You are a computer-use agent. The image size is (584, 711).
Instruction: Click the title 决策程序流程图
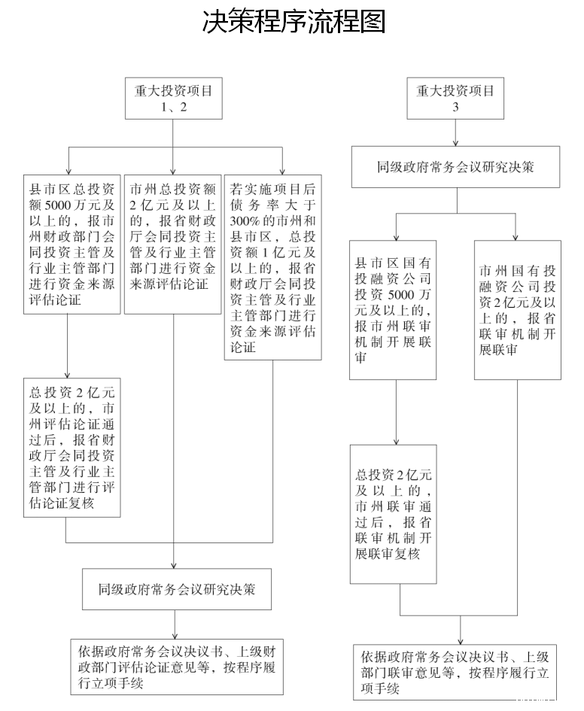click(294, 22)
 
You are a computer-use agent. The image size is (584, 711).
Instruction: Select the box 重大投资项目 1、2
click(173, 98)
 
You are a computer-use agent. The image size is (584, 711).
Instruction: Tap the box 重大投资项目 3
click(455, 98)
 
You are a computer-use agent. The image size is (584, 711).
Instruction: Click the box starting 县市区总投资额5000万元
click(71, 244)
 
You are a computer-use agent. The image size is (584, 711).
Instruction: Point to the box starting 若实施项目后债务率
click(273, 267)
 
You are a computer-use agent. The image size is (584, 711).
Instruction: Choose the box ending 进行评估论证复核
click(71, 447)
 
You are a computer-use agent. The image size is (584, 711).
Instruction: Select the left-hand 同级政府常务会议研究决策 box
click(176, 589)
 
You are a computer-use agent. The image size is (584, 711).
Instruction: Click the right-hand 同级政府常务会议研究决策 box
click(455, 167)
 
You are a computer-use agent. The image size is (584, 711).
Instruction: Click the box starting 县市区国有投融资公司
click(393, 310)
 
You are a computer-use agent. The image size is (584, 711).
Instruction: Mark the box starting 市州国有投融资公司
click(517, 310)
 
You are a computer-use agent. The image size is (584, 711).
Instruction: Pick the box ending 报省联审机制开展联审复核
click(393, 514)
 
